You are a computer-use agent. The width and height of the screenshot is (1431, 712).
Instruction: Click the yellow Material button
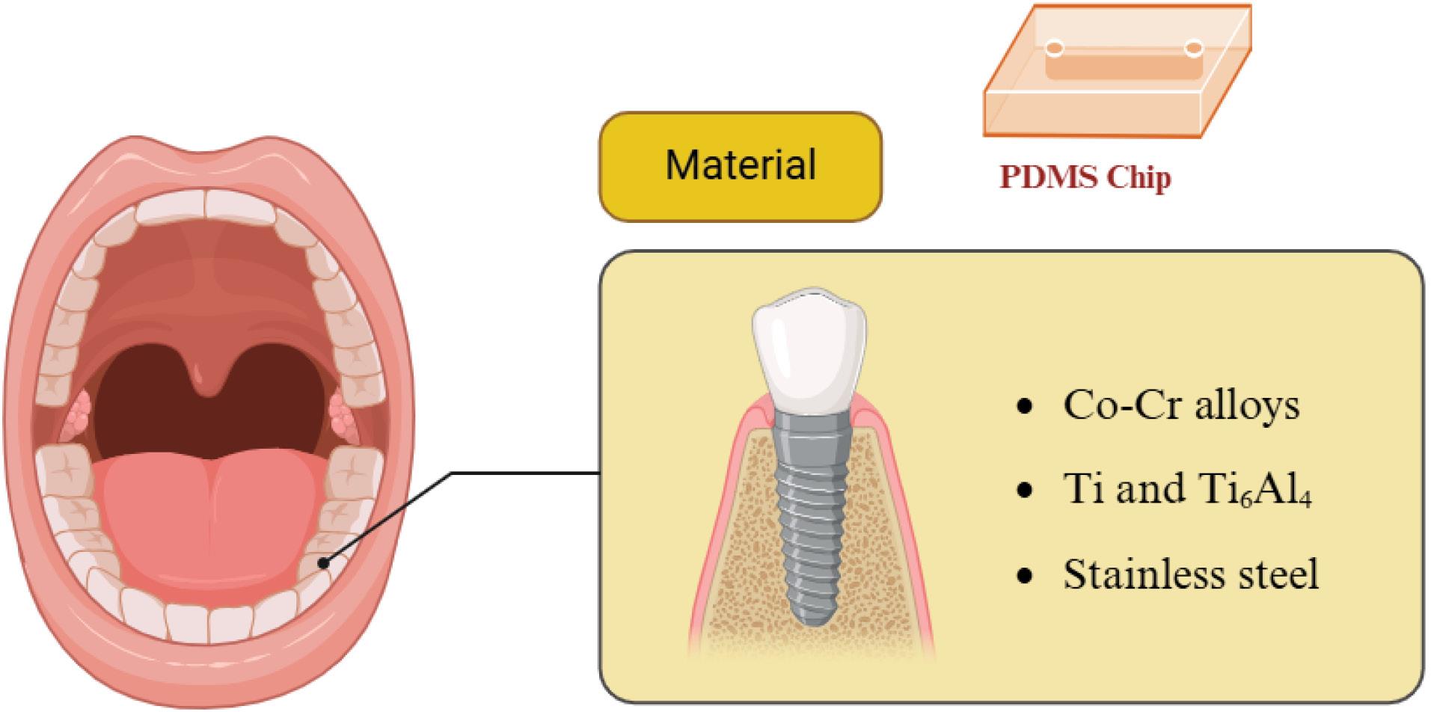741,166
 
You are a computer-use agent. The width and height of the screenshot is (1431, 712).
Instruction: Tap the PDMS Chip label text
1085,178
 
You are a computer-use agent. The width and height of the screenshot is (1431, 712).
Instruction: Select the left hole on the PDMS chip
1055,49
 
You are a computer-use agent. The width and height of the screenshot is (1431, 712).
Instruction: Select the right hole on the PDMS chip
1194,49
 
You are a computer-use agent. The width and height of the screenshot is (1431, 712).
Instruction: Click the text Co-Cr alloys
1181,406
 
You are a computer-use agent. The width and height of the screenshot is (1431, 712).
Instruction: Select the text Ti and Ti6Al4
1187,491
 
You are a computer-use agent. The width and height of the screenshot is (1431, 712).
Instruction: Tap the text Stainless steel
1190,574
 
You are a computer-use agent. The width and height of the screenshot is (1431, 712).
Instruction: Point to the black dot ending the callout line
323,562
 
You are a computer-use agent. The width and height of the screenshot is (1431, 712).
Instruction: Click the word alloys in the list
1247,406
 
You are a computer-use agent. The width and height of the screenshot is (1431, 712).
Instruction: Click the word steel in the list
1271,574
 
